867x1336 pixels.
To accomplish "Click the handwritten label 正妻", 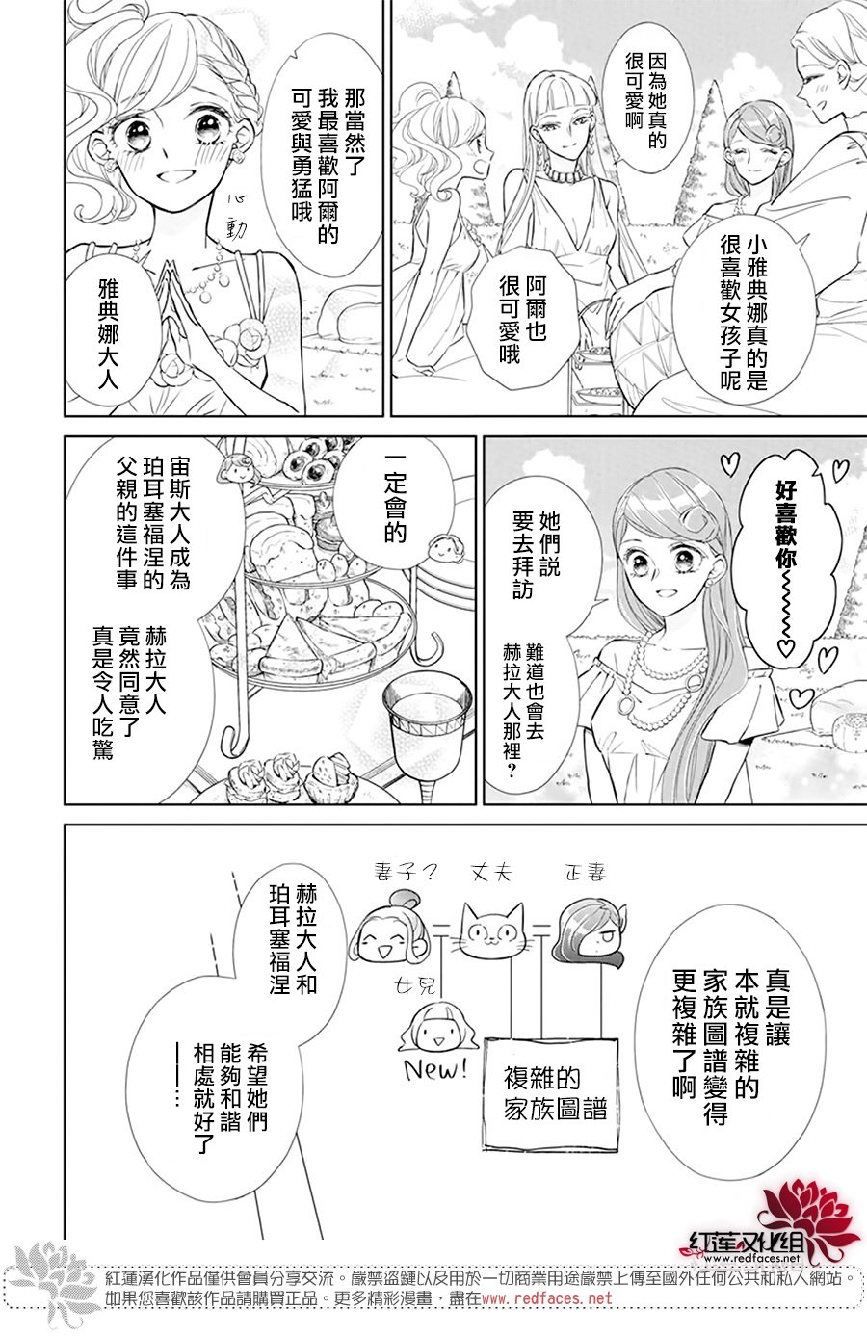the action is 584,874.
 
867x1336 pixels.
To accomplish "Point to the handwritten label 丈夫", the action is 491,874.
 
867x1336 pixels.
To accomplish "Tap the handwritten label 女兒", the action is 415,987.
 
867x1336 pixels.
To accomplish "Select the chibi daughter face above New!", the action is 437,1028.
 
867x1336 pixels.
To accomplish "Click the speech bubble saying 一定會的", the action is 395,500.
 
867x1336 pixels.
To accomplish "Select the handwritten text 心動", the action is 234,217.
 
